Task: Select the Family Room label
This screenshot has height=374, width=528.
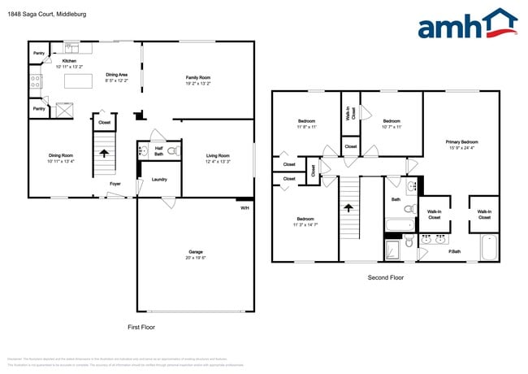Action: pyautogui.click(x=198, y=80)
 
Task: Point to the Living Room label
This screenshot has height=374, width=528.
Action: pyautogui.click(x=217, y=158)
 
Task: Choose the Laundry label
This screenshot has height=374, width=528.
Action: pyautogui.click(x=159, y=180)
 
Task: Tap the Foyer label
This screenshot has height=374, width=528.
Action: pyautogui.click(x=116, y=184)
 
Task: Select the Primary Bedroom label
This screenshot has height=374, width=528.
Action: pyautogui.click(x=461, y=145)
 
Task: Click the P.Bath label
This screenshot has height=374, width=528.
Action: pyautogui.click(x=456, y=252)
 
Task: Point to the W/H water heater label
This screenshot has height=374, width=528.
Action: pyautogui.click(x=245, y=208)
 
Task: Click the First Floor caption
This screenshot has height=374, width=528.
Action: pyautogui.click(x=141, y=326)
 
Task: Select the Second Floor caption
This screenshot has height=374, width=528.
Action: pyautogui.click(x=386, y=277)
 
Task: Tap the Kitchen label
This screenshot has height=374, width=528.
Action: pyautogui.click(x=70, y=63)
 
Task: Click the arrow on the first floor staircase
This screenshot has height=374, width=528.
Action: pyautogui.click(x=103, y=152)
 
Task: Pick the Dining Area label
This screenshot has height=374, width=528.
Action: pyautogui.click(x=116, y=78)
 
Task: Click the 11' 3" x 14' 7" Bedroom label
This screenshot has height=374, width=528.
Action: pyautogui.click(x=305, y=221)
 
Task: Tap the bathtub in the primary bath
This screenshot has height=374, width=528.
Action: pyautogui.click(x=489, y=246)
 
